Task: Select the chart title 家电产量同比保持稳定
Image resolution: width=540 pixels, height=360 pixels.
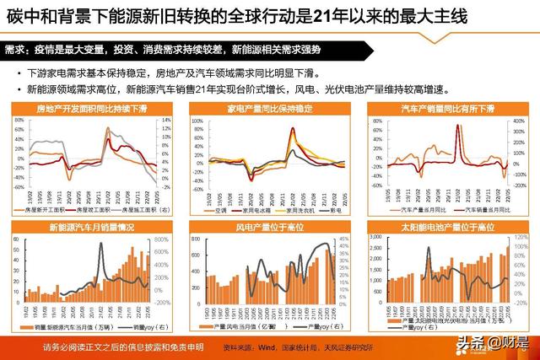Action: [x=269, y=110]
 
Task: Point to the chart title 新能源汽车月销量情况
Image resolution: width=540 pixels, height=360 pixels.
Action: [x=91, y=228]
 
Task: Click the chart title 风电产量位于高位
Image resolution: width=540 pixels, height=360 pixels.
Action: [x=269, y=228]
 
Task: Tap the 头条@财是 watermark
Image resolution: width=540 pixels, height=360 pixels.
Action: [x=489, y=343]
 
